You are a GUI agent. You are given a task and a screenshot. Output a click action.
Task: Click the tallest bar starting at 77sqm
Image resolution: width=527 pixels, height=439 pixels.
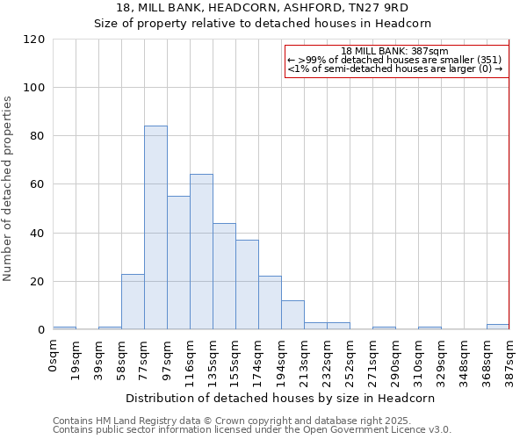click(x=155, y=227)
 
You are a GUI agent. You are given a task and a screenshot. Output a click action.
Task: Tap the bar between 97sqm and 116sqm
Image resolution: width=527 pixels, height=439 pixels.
click(x=178, y=263)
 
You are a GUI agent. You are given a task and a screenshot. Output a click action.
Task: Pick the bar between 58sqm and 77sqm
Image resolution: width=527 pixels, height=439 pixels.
click(x=133, y=302)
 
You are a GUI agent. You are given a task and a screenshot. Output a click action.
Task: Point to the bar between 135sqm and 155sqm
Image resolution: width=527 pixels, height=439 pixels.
click(x=224, y=277)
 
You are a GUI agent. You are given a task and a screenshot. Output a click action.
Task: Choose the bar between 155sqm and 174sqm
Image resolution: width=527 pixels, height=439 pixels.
click(x=247, y=284)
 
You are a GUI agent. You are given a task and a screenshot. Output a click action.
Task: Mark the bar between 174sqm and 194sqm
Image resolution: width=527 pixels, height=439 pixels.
click(x=270, y=303)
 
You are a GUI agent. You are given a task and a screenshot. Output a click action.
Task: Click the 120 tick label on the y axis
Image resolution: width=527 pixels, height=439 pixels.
click(x=34, y=40)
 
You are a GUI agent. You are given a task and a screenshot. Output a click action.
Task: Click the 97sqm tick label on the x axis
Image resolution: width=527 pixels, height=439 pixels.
click(x=168, y=356)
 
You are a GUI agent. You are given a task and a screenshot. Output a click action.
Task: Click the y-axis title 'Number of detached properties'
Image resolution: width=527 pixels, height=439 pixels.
click(x=8, y=189)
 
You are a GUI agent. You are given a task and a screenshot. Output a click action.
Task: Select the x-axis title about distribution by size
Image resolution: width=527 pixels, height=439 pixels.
click(x=279, y=398)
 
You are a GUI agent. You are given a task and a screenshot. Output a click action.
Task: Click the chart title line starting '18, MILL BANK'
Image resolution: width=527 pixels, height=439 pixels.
click(x=262, y=8)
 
